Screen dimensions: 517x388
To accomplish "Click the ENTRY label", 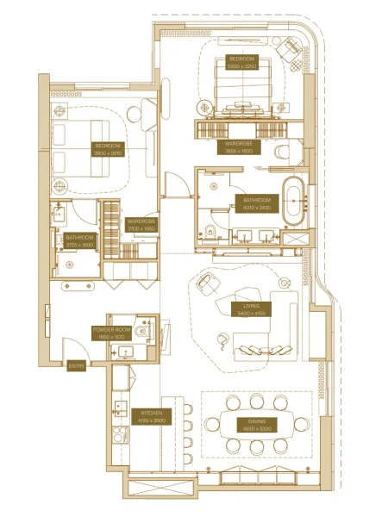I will point(77,366).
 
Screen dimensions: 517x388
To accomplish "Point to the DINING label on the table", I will point(253,424).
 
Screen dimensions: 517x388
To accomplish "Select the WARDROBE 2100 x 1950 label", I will point(141,224).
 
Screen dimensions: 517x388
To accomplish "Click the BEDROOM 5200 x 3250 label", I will point(243,63).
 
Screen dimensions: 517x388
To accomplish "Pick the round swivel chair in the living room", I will point(207,284).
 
